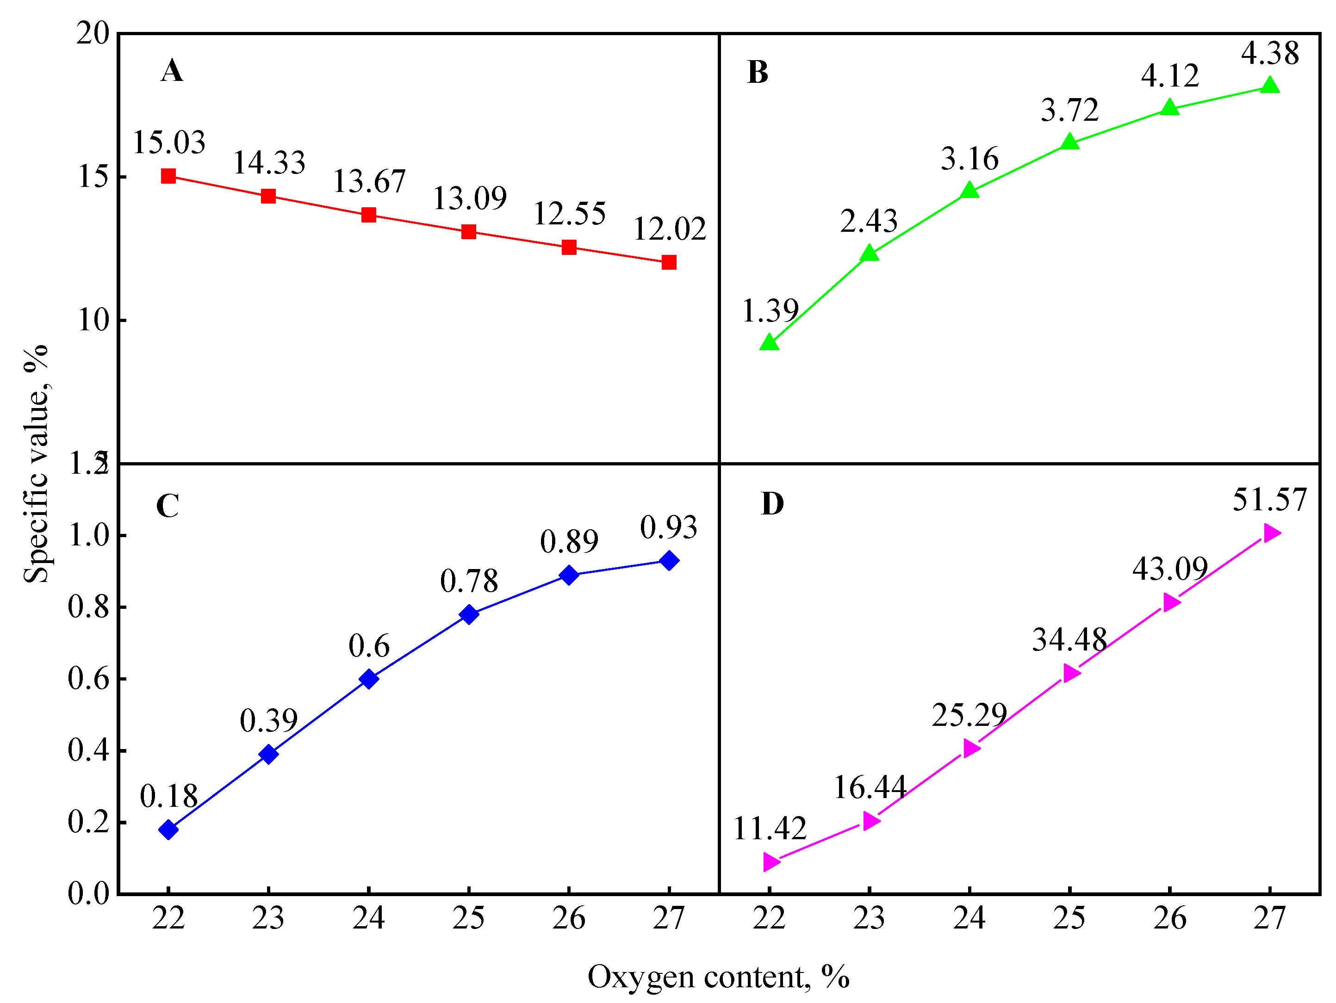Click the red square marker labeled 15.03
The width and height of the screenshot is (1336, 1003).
pyautogui.click(x=168, y=176)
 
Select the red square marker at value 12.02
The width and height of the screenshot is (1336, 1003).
pyautogui.click(x=669, y=262)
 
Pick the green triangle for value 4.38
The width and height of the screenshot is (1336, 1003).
pyautogui.click(x=1270, y=85)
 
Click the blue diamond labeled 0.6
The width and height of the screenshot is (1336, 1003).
pyautogui.click(x=368, y=679)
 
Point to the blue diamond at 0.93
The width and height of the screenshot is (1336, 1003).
pyautogui.click(x=669, y=560)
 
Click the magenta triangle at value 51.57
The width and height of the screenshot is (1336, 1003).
pyautogui.click(x=1271, y=532)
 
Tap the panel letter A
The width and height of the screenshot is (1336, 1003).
pyautogui.click(x=172, y=71)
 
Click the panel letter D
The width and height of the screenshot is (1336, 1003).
pyautogui.click(x=772, y=504)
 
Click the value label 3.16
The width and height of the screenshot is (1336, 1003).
pyautogui.click(x=969, y=159)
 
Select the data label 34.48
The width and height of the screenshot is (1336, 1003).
pyautogui.click(x=1069, y=639)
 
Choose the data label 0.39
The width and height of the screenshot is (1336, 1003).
pyautogui.click(x=269, y=720)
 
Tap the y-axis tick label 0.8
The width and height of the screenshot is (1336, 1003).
pyautogui.click(x=88, y=607)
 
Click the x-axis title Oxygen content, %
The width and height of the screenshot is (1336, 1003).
pyautogui.click(x=718, y=977)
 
